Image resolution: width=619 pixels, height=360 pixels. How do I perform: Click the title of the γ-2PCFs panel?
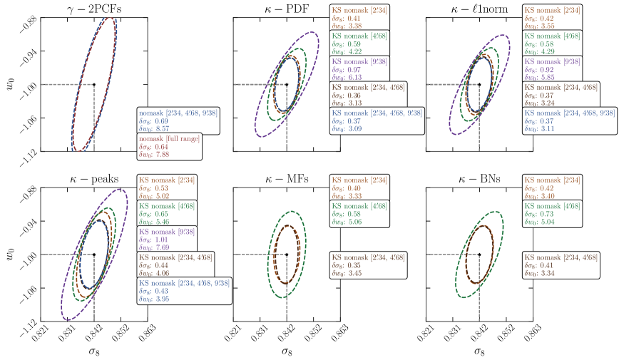pyautogui.click(x=93, y=7)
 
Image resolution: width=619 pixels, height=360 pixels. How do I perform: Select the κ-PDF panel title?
pyautogui.click(x=286, y=7)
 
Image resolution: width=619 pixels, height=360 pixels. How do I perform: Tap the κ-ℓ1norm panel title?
pyautogui.click(x=479, y=7)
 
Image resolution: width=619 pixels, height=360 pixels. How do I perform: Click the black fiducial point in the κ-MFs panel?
pyautogui.click(x=287, y=254)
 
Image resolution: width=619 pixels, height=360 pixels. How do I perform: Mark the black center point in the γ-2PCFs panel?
pyautogui.click(x=94, y=84)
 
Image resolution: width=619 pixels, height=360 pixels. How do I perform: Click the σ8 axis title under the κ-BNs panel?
pyautogui.click(x=479, y=351)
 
